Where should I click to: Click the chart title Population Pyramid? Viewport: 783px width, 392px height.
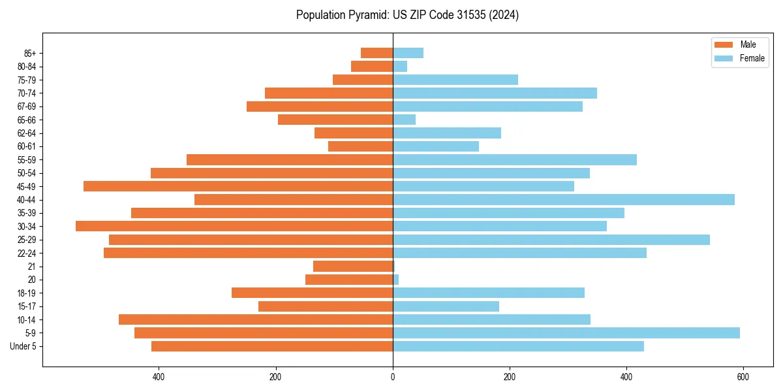tap(407, 15)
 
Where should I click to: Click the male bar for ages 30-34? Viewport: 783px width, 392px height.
tap(234, 226)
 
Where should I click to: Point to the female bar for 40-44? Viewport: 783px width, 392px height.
tap(563, 199)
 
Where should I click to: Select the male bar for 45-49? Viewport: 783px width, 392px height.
tap(238, 186)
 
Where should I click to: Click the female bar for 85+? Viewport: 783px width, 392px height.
tap(408, 53)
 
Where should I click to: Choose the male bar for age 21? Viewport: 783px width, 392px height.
tap(353, 267)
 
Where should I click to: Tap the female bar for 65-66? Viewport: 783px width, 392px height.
tap(404, 120)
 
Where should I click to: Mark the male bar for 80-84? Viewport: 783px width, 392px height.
tap(372, 66)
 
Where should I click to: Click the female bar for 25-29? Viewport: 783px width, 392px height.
tap(551, 240)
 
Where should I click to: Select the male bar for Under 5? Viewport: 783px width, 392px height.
tap(272, 346)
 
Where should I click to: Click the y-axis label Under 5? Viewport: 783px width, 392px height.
tap(23, 346)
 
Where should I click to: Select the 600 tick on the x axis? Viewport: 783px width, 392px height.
tap(743, 377)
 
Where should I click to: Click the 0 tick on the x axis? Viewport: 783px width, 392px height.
tap(393, 377)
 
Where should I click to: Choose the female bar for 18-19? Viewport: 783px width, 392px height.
tap(488, 293)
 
